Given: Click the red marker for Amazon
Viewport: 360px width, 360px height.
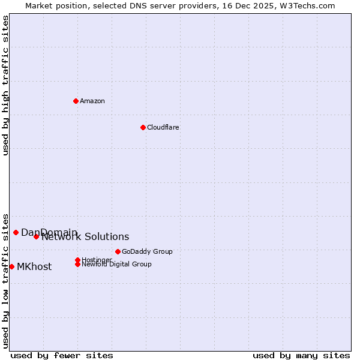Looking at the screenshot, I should pos(76,101).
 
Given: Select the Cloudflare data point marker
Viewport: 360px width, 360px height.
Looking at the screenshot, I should pos(143,127).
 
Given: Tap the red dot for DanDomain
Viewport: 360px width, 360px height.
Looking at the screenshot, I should pos(16,232).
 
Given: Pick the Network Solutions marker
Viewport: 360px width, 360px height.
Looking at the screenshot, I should pos(36,236).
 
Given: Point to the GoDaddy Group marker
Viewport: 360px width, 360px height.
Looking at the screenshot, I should pos(118,251).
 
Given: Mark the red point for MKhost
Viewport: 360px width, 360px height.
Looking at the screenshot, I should pos(11,266).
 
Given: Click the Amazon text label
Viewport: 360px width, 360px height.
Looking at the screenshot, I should pos(92,101).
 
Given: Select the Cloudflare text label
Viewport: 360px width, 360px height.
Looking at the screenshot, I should pos(163,127).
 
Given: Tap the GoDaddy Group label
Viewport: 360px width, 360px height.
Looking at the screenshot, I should pos(147,251).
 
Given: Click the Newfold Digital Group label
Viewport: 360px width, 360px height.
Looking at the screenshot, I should pos(116,264).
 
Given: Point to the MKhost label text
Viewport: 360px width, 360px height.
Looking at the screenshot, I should pos(34,267).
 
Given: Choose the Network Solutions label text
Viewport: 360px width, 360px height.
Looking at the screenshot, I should pos(85,237).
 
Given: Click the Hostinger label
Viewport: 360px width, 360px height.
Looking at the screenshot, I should pos(96,259).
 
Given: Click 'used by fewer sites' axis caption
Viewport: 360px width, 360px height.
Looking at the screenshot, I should pos(62,355).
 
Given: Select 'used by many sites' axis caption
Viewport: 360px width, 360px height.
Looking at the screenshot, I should pos(301,355).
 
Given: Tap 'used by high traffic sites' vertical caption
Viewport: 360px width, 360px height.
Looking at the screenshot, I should pos(6,85).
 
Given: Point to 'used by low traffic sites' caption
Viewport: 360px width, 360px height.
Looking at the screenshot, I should pos(6,280).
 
